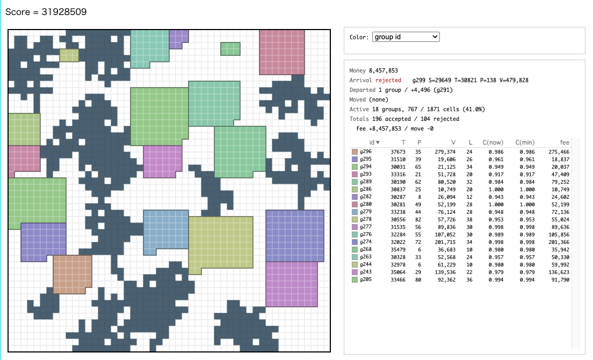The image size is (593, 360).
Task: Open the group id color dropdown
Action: tap(406, 37)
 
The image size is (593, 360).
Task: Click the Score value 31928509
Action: tap(64, 12)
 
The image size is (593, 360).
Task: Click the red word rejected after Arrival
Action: tap(388, 80)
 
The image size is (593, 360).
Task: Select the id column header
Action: tap(374, 142)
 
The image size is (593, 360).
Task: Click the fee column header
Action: tap(564, 142)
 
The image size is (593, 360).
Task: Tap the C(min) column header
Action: tap(525, 142)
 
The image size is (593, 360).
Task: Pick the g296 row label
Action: tap(365, 152)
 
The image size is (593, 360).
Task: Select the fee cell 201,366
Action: tap(559, 242)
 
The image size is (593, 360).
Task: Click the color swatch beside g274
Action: tap(355, 242)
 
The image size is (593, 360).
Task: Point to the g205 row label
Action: tap(365, 279)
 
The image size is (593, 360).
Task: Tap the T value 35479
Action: tap(398, 249)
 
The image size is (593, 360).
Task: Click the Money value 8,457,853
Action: tap(383, 70)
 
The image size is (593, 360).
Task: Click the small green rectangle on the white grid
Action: tap(230, 49)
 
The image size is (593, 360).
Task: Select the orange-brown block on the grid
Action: tap(72, 274)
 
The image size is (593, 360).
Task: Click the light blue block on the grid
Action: tap(165, 229)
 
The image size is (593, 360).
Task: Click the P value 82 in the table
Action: tap(418, 219)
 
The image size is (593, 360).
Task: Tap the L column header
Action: tap(470, 142)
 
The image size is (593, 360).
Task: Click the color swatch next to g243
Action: tap(355, 272)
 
